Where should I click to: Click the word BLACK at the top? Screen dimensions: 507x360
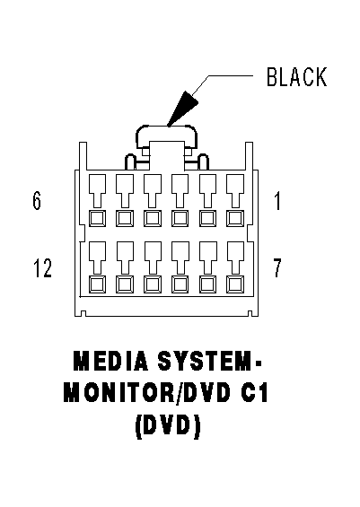pyautogui.click(x=296, y=78)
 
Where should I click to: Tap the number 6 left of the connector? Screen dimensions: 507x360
pyautogui.click(x=37, y=201)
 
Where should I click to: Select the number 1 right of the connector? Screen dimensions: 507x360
pyautogui.click(x=277, y=201)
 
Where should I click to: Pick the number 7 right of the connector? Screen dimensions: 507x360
pyautogui.click(x=277, y=267)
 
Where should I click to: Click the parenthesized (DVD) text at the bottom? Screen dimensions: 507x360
pyautogui.click(x=167, y=427)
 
